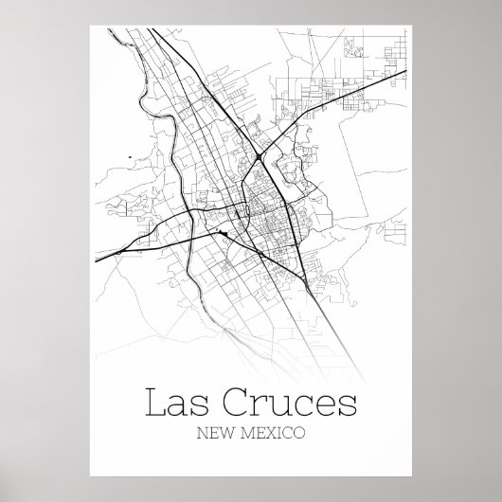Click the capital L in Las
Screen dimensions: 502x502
click(153, 404)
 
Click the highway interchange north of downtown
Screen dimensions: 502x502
click(259, 155)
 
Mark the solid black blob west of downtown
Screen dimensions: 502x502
click(224, 232)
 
